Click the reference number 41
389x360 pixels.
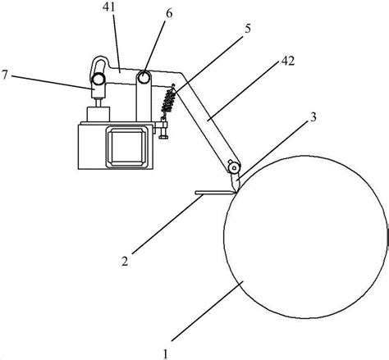pos(108,7)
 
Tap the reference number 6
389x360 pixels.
pos(169,13)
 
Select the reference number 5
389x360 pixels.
pos(248,29)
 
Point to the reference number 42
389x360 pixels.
pos(288,61)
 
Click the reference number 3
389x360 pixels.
pos(313,117)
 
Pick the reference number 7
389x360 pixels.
pos(4,75)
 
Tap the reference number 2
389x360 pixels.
pos(125,262)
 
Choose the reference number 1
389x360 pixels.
pos(165,354)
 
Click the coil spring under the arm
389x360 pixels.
pos(168,101)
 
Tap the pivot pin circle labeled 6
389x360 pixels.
pos(144,77)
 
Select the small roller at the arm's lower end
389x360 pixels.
pos(234,167)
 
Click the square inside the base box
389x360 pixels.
pos(127,147)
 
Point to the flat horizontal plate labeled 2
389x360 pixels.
pos(215,193)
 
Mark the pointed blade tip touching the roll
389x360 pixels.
pos(236,191)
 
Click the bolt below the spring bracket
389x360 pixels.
pos(163,133)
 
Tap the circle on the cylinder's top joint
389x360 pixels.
pos(98,80)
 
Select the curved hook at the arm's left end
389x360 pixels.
pos(98,66)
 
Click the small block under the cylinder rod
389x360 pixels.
pos(98,114)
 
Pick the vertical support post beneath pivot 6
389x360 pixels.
pos(144,102)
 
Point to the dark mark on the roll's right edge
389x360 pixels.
pos(387,237)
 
